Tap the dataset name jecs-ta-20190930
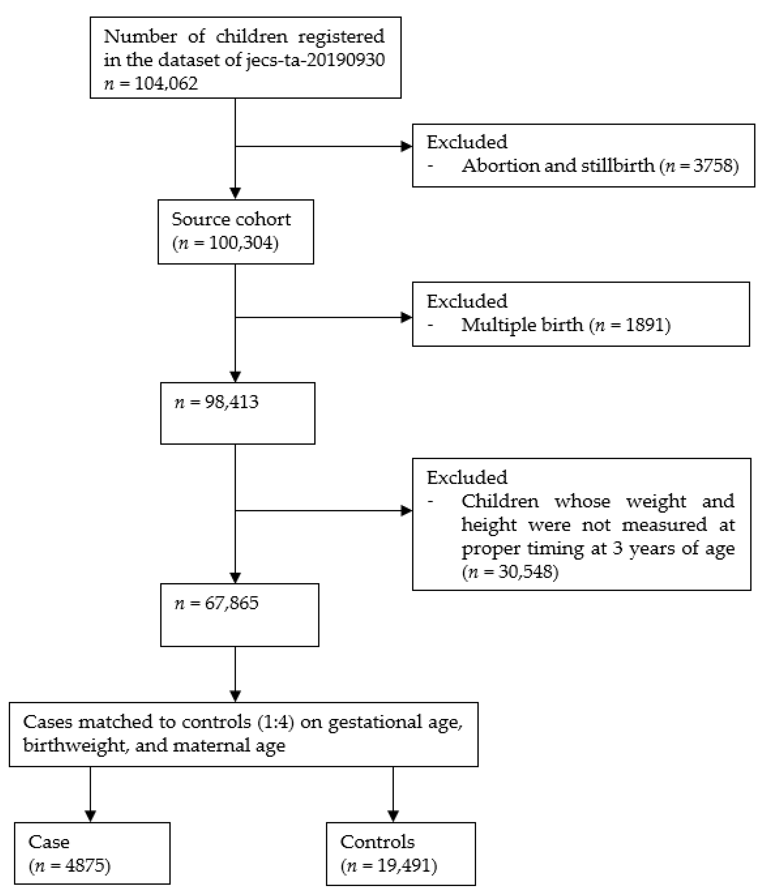(315, 60)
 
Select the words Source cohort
(231, 219)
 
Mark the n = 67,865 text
(216, 603)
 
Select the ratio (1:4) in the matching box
(275, 722)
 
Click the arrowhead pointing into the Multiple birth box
(406, 318)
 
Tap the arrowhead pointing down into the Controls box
(393, 816)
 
